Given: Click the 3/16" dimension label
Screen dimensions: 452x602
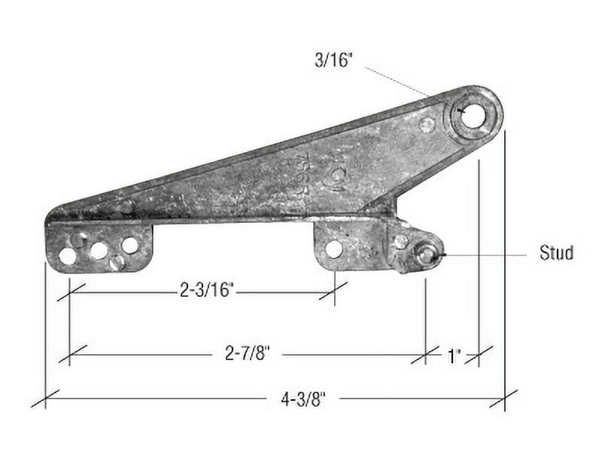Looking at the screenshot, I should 333,60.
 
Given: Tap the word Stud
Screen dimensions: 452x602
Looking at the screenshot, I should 556,252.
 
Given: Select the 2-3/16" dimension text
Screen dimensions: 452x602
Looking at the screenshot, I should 207,290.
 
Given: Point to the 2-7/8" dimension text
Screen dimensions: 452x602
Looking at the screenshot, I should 247,353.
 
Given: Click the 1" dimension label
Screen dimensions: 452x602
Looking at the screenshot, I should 453,355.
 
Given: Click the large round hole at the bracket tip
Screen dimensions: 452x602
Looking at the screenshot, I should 473,116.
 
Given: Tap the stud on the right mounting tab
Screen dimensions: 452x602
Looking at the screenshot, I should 426,255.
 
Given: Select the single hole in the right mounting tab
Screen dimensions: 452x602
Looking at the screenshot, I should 334,248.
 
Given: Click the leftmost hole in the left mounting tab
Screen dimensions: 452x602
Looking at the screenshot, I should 68,256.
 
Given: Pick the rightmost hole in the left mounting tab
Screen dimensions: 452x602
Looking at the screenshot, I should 129,245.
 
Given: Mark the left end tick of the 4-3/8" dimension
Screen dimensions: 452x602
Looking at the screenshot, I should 45,398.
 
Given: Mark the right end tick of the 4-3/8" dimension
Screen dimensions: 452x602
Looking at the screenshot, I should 503,398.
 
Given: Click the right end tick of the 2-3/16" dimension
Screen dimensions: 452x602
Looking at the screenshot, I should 333,290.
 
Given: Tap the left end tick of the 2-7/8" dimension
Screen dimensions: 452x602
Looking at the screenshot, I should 69,353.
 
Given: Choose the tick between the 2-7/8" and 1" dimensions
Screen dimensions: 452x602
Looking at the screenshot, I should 425,354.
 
